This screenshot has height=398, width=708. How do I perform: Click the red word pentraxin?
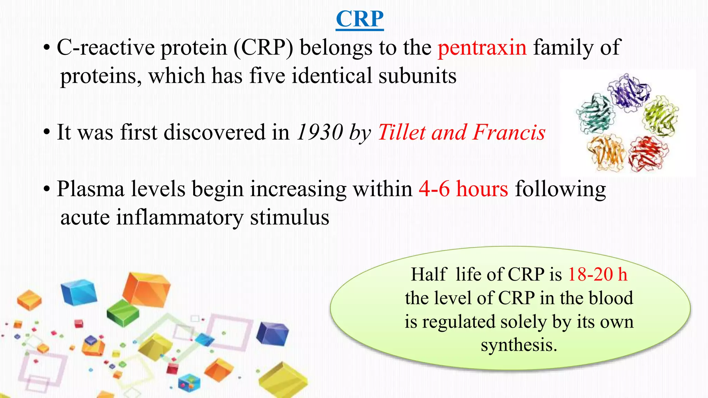coord(482,47)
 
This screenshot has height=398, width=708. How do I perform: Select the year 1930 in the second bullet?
coord(320,132)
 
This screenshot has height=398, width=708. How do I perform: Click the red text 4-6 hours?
coord(463,189)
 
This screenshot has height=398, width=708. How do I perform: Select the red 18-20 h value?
coord(597,274)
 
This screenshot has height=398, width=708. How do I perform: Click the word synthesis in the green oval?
coord(519,345)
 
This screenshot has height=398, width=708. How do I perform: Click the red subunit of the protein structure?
coord(648,154)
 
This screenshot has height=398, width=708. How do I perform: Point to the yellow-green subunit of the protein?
coord(660,116)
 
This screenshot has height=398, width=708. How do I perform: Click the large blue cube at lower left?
coord(78,292)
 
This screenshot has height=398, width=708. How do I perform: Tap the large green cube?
coord(123,312)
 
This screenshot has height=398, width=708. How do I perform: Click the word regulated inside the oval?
coord(459,322)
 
